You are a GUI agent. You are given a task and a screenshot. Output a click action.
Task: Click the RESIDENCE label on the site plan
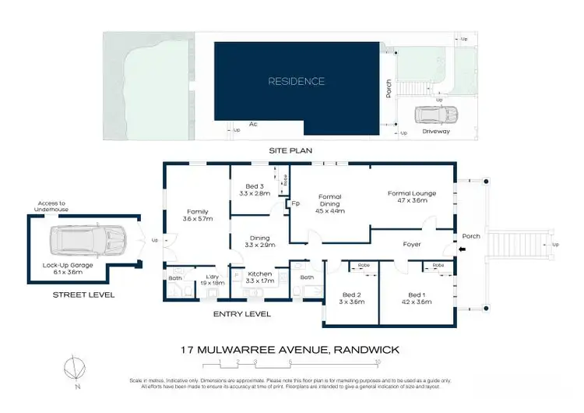pos(297,81)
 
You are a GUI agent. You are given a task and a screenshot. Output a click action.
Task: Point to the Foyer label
pos(413,242)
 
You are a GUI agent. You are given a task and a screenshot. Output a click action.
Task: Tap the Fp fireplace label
pos(296,204)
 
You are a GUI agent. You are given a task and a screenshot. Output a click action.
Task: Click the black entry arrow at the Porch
pos(464,250)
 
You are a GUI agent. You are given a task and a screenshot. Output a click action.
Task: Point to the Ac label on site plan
pos(253,124)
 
